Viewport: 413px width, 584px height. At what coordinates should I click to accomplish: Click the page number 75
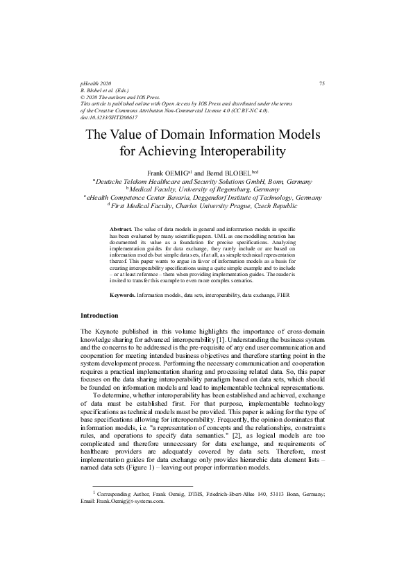(321, 84)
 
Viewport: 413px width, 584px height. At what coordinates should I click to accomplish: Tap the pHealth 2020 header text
(96, 84)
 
